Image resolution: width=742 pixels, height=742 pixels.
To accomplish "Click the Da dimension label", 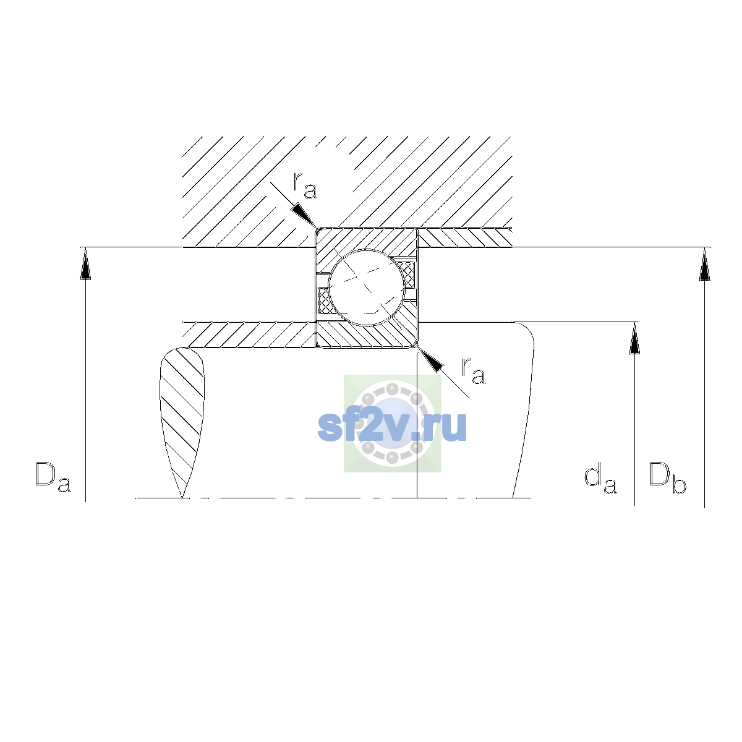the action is (53, 477).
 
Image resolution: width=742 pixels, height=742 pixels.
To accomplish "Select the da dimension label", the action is (600, 479).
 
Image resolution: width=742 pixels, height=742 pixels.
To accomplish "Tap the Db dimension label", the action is (667, 477).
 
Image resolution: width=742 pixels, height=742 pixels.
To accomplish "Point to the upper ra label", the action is (305, 186).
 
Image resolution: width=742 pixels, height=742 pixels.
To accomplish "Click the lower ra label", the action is (474, 371).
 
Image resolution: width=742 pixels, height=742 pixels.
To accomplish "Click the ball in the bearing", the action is (367, 288).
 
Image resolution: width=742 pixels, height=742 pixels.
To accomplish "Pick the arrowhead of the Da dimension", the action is (85, 263).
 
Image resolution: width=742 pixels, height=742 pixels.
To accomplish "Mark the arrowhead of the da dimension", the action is (634, 338).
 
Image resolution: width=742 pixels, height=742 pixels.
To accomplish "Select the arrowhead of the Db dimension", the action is (705, 263).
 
